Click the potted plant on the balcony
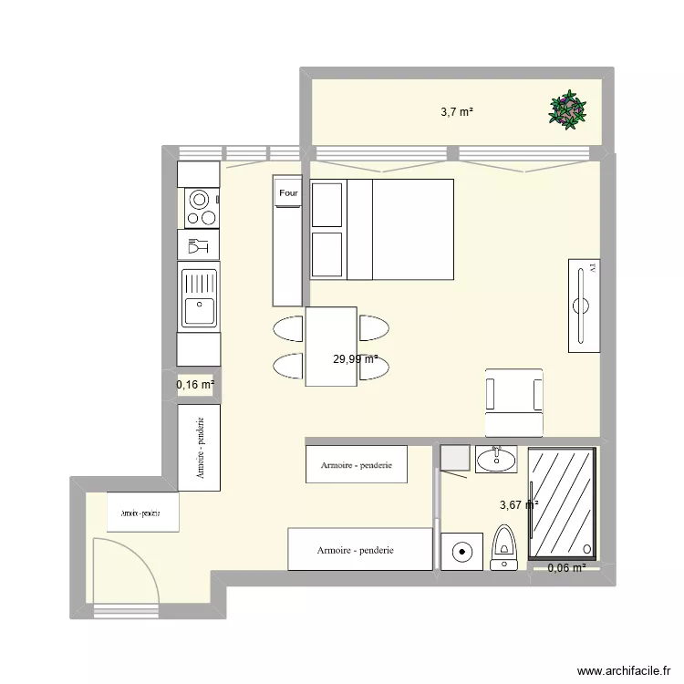[x=568, y=110]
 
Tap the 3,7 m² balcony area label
[x=457, y=112]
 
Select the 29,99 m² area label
[x=356, y=359]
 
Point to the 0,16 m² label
[x=195, y=385]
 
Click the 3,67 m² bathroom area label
[x=518, y=503]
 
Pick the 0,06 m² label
[x=566, y=569]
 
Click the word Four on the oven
[x=288, y=193]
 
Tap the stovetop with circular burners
[x=202, y=208]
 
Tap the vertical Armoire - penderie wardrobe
[x=199, y=448]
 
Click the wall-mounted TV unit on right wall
[x=584, y=305]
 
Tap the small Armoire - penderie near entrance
[x=142, y=512]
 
